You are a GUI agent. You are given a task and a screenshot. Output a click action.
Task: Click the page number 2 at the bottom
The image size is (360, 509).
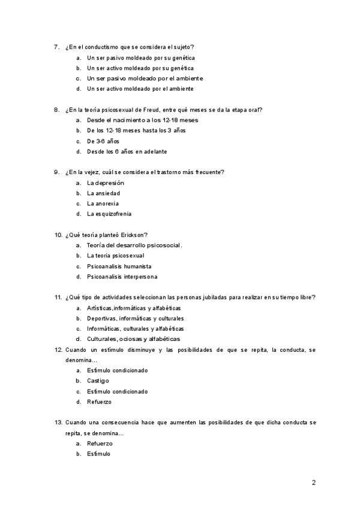click(x=313, y=482)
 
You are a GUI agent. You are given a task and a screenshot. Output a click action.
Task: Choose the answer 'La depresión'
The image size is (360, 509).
click(x=106, y=182)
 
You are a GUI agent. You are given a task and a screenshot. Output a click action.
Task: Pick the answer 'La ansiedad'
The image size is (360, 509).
click(x=103, y=193)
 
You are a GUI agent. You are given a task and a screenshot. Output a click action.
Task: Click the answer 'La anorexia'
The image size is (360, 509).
click(x=103, y=203)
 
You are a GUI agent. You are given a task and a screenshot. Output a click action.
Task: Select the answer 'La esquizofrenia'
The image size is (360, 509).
click(x=109, y=214)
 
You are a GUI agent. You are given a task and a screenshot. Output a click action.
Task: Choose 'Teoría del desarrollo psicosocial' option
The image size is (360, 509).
click(x=134, y=245)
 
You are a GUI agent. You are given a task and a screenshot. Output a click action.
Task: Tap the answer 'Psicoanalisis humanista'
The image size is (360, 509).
click(x=119, y=266)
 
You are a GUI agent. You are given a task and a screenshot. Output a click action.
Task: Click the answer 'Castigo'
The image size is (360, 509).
click(x=98, y=381)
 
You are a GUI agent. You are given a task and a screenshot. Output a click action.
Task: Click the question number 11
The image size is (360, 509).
click(x=58, y=297)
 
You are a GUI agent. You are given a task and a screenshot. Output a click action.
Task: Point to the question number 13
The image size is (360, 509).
click(x=58, y=423)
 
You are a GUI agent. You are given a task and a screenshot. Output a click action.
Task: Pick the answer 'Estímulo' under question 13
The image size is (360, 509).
click(x=98, y=454)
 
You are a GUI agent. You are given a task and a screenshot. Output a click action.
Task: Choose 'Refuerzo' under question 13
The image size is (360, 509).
click(x=100, y=444)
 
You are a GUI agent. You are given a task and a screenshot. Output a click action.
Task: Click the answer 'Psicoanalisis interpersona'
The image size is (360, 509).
click(x=122, y=277)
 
